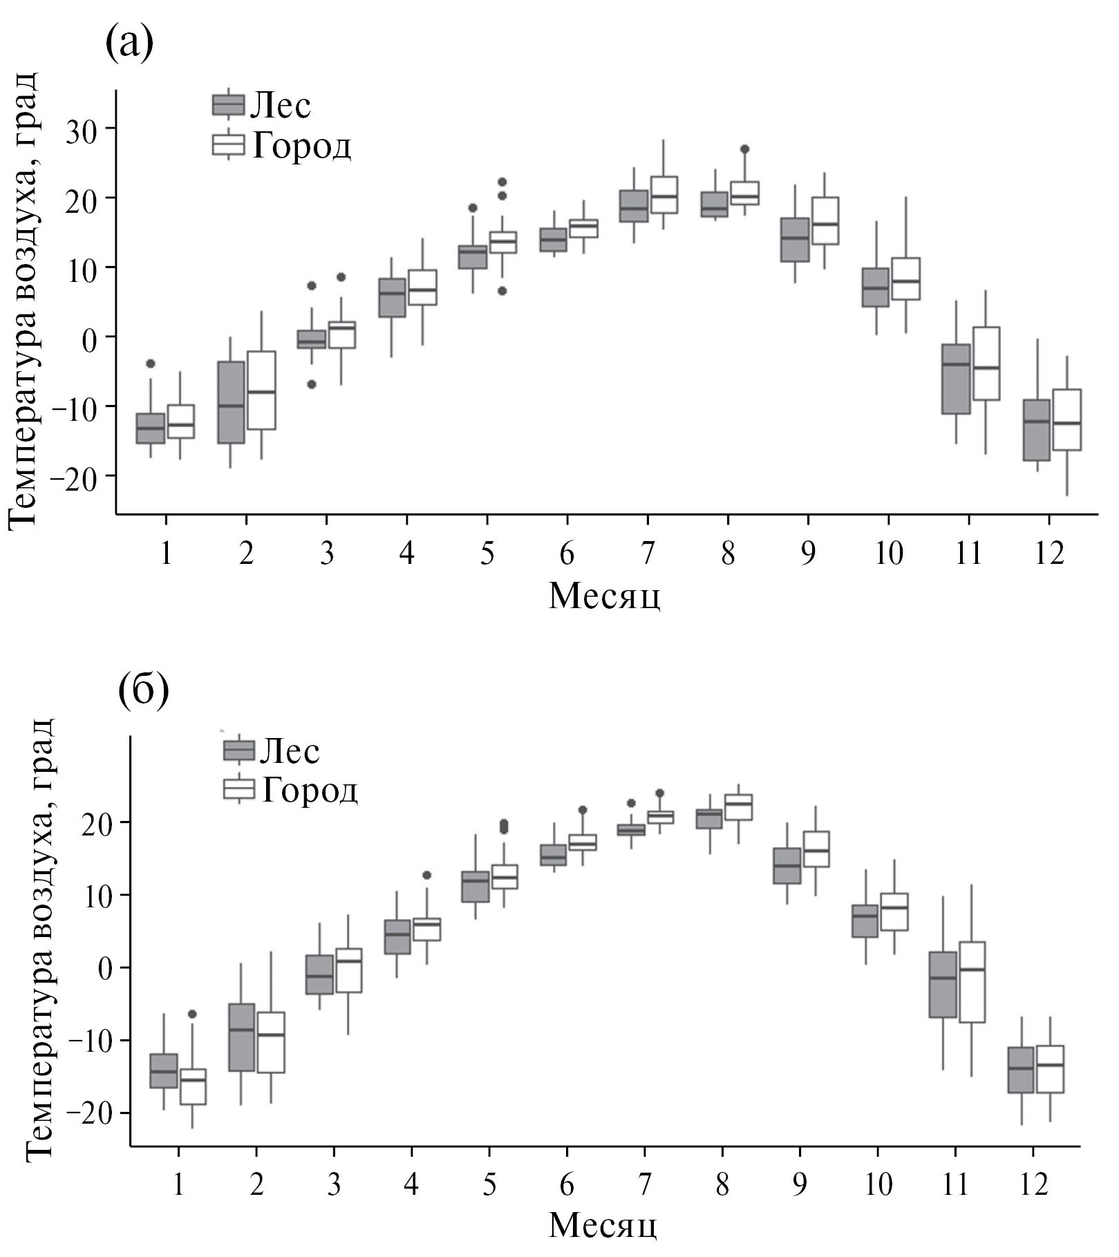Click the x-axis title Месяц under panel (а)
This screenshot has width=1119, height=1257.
pyautogui.click(x=604, y=596)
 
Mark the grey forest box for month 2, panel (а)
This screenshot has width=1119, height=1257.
pyautogui.click(x=230, y=402)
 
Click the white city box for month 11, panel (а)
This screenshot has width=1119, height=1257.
pyautogui.click(x=986, y=363)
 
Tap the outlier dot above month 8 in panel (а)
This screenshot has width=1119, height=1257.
pyautogui.click(x=744, y=149)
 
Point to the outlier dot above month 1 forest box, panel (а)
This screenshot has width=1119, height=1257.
pyautogui.click(x=151, y=363)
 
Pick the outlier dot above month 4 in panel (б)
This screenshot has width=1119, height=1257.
pyautogui.click(x=426, y=876)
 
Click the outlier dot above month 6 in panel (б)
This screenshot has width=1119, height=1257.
pyautogui.click(x=582, y=810)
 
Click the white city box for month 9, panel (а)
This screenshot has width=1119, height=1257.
pyautogui.click(x=825, y=220)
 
